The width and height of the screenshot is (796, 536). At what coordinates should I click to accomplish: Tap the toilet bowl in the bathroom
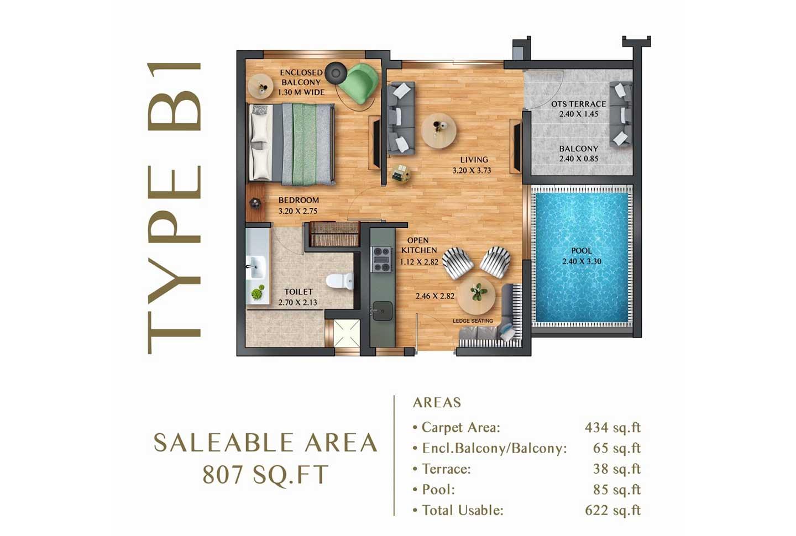(x=339, y=281)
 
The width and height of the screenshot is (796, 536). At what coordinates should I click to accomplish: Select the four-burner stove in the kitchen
(x=381, y=259)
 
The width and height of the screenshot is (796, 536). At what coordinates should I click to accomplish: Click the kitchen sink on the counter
(x=382, y=311)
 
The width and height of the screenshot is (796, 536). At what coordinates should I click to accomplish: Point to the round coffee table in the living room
(x=438, y=130)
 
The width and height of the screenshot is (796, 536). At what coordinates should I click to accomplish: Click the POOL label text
(x=582, y=251)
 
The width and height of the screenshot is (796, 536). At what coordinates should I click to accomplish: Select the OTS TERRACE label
(x=579, y=104)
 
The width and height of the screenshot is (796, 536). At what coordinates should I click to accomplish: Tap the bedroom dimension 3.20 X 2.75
(x=298, y=211)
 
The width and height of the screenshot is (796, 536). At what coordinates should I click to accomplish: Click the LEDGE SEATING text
(x=473, y=320)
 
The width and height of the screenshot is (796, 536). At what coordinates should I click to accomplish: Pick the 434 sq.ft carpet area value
(x=612, y=427)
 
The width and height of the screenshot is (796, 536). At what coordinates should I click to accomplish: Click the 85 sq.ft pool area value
(x=617, y=490)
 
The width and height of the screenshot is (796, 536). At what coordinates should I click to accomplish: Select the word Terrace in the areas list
(x=446, y=469)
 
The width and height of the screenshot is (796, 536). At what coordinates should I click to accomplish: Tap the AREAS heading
(x=437, y=402)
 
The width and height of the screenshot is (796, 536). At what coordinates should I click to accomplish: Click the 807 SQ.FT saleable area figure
(x=265, y=474)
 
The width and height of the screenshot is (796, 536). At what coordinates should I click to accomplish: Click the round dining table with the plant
(x=476, y=295)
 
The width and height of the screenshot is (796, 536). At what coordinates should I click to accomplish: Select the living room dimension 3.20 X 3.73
(x=472, y=171)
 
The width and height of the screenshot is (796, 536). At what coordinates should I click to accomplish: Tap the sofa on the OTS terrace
(x=620, y=114)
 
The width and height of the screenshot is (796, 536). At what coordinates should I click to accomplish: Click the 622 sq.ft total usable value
(x=612, y=511)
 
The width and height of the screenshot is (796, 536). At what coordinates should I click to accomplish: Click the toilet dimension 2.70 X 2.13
(x=297, y=303)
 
